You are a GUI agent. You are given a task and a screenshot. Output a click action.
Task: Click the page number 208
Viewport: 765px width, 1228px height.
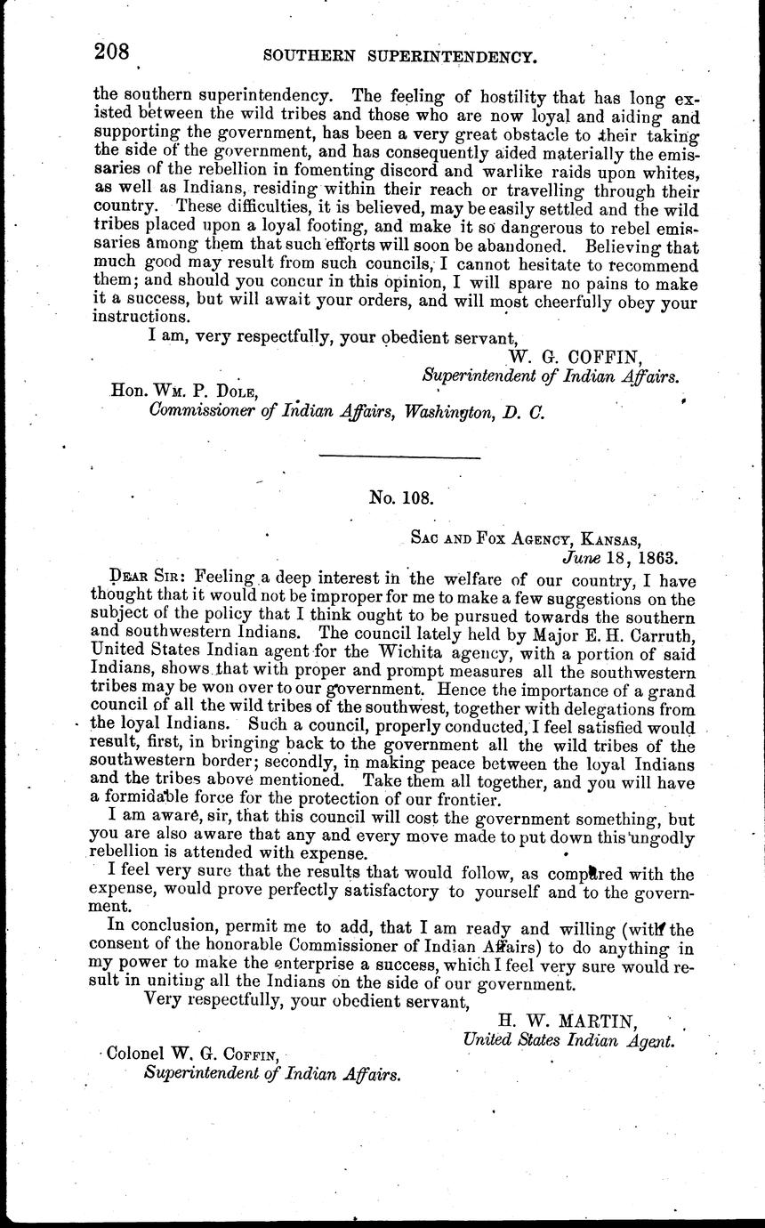click(x=111, y=53)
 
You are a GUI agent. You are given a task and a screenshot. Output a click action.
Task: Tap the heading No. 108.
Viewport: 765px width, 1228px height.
click(x=400, y=498)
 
